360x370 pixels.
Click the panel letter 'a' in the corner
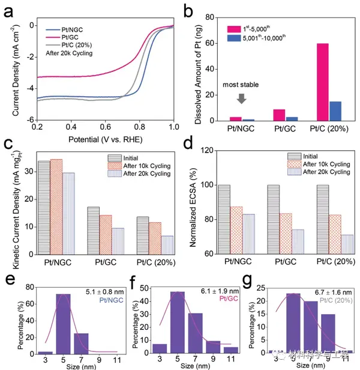point(9,10)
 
